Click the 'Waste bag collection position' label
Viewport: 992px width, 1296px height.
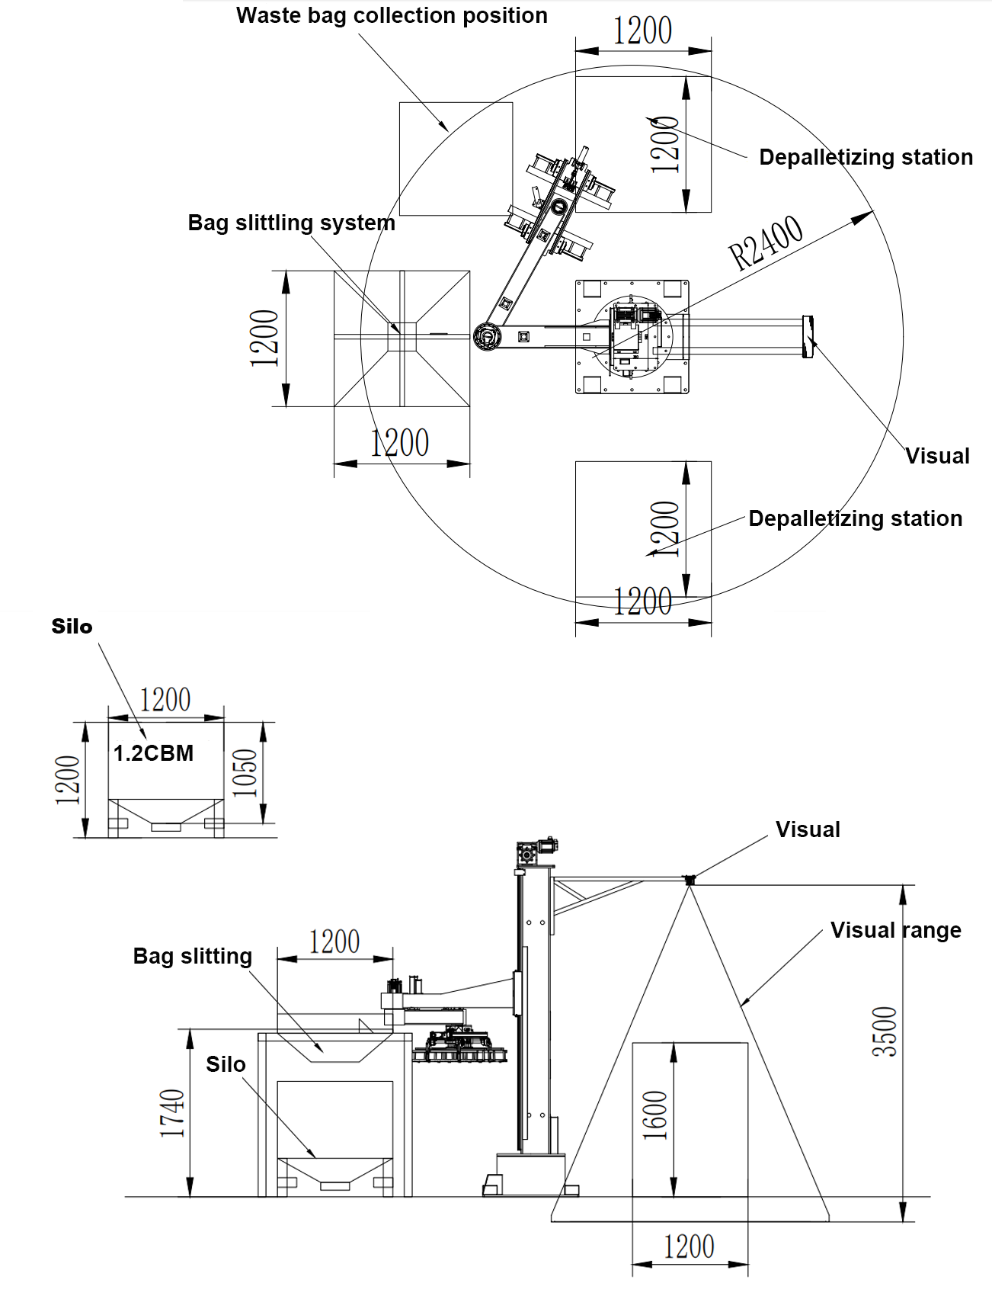(x=392, y=16)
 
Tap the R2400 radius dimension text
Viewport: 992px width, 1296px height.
(x=765, y=242)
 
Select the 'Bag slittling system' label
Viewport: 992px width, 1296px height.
(x=291, y=223)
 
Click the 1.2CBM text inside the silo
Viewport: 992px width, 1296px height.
(x=153, y=753)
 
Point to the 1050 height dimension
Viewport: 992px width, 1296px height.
(x=245, y=773)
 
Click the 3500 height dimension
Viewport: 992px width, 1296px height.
(x=885, y=1031)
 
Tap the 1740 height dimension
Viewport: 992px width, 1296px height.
(x=172, y=1114)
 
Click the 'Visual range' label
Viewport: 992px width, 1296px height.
(x=895, y=930)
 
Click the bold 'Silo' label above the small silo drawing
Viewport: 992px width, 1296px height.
(x=72, y=627)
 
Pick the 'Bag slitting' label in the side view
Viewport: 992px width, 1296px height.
(x=192, y=956)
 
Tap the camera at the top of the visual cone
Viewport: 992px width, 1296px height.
(x=690, y=880)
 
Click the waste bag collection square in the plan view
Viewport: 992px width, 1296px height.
(x=456, y=159)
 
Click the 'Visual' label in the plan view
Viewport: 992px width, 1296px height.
(x=937, y=456)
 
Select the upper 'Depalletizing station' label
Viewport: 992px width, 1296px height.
(x=866, y=157)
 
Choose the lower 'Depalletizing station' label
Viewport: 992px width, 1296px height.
(x=855, y=518)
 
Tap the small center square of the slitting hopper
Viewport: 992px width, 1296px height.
(x=402, y=336)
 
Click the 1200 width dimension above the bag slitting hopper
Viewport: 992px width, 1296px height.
(x=334, y=942)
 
